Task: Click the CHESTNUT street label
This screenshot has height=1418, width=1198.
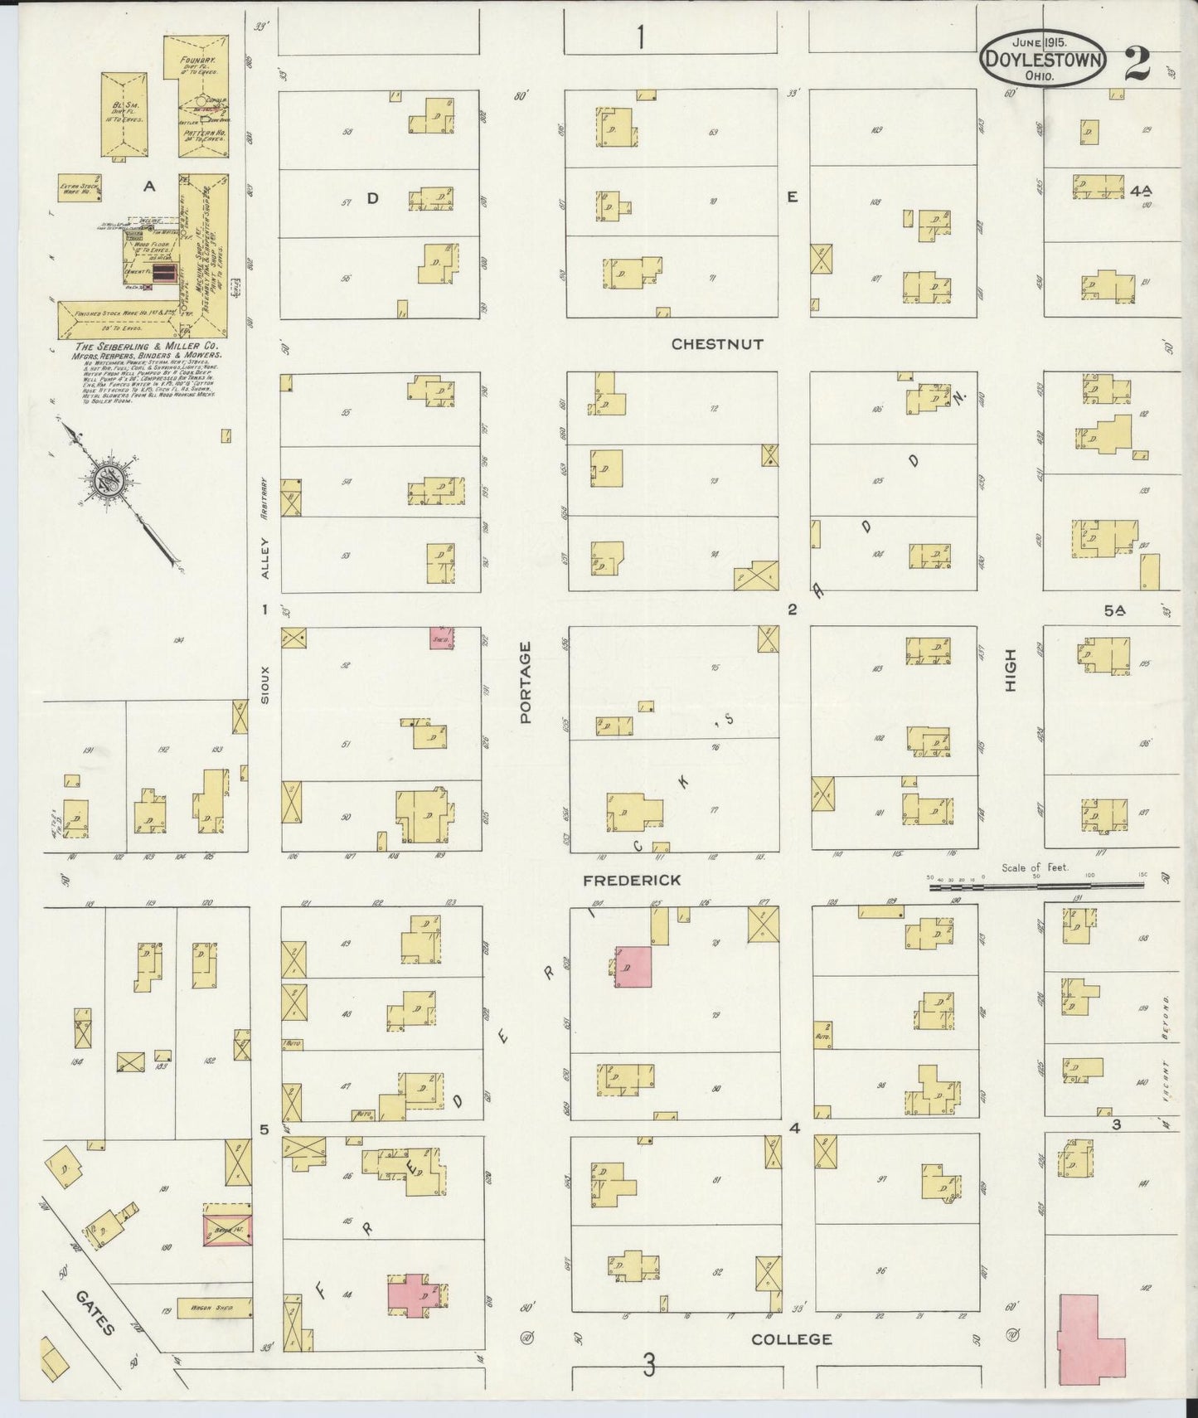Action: pyautogui.click(x=717, y=343)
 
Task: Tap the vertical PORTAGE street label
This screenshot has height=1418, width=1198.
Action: pyautogui.click(x=526, y=682)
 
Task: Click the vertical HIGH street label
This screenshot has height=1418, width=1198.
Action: pyautogui.click(x=1010, y=670)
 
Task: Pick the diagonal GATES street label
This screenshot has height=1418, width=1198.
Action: pyautogui.click(x=95, y=1313)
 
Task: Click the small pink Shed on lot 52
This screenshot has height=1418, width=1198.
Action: pyautogui.click(x=441, y=638)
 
